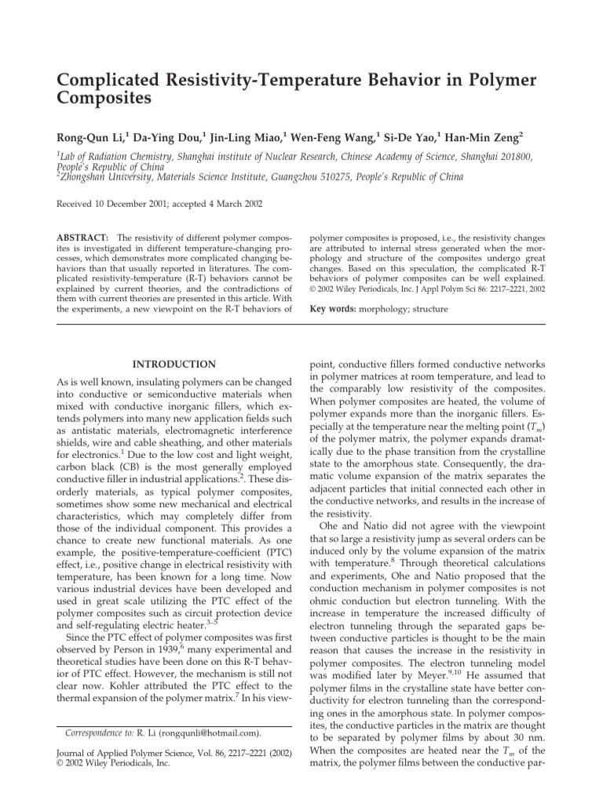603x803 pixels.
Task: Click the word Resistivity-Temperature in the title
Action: pos(252,81)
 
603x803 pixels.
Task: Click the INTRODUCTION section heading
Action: pos(174,364)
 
